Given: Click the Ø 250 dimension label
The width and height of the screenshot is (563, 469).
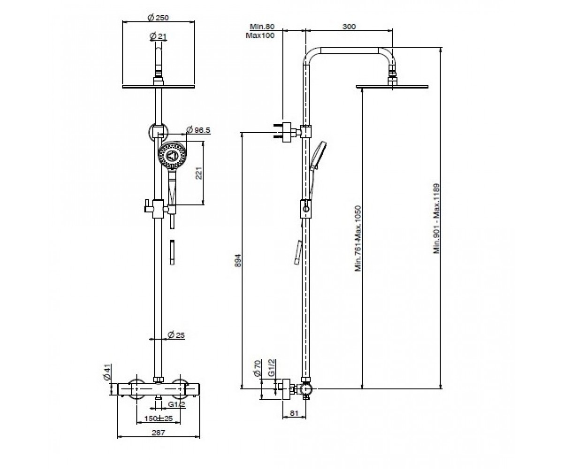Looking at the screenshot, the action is (158, 18).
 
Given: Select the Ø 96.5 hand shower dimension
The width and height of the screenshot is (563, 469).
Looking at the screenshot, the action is (198, 130).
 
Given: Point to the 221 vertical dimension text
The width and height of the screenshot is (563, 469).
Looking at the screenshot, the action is (198, 173).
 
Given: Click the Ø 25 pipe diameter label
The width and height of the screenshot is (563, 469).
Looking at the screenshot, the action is (176, 335).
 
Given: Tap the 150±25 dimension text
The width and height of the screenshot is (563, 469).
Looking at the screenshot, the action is (158, 418).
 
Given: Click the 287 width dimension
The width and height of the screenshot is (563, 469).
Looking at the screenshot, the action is (158, 432).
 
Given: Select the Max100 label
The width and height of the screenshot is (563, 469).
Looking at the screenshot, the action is (260, 35).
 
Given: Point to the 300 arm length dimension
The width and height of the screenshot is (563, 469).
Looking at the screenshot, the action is (349, 26).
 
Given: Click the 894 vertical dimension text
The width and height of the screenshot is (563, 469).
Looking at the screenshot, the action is (237, 260).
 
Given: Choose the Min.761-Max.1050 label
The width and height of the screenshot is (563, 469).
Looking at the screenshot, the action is (358, 238).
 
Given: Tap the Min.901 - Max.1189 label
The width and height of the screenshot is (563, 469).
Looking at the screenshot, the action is (436, 219).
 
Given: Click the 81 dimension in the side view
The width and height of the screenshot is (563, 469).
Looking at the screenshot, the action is (294, 413).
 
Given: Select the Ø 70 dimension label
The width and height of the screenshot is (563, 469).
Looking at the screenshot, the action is (257, 369).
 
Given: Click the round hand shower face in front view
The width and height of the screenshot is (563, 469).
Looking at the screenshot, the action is (172, 156).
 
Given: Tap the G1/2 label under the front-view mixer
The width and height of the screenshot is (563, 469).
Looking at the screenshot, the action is (176, 404).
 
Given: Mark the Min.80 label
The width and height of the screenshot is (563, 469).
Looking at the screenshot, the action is (262, 26).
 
